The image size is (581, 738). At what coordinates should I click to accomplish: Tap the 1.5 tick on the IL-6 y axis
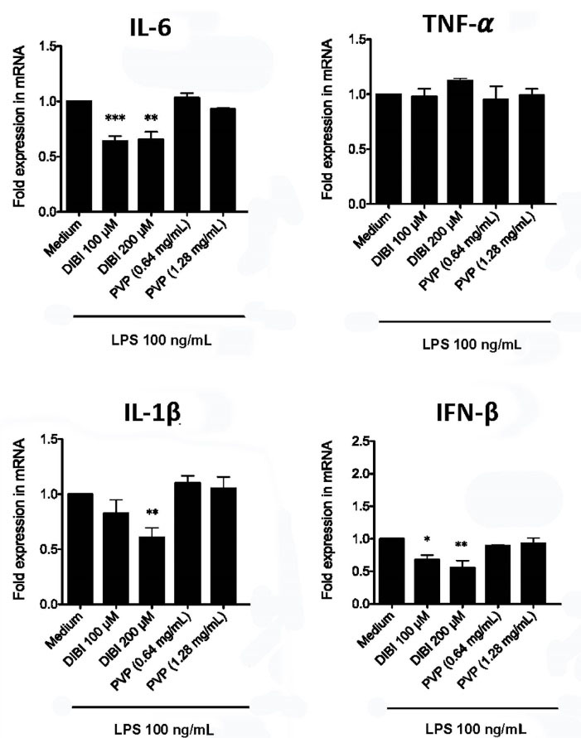(34, 47)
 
